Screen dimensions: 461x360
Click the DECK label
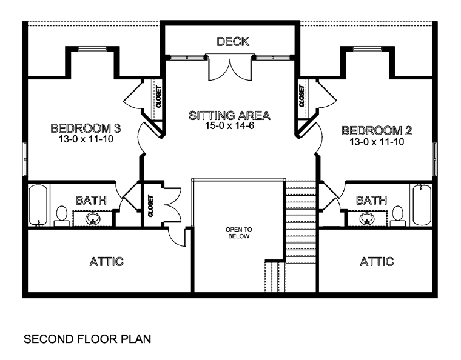[233, 41]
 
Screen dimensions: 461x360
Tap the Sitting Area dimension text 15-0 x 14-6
[229, 125]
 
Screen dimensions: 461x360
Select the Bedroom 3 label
[86, 128]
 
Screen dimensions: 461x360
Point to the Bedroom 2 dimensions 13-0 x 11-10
[377, 142]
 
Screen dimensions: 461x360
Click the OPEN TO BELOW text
[239, 233]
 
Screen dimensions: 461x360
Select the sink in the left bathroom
[93, 218]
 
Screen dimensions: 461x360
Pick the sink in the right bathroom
[367, 218]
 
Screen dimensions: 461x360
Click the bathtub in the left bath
[38, 205]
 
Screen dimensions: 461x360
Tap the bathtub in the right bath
[422, 205]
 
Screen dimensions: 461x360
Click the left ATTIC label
[106, 261]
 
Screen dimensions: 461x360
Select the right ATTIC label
[377, 261]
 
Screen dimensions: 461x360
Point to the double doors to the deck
[230, 67]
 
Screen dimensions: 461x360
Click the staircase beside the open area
[300, 221]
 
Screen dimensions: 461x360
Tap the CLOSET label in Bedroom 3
[158, 96]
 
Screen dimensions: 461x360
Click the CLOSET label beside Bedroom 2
[301, 96]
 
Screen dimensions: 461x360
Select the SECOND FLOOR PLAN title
[87, 339]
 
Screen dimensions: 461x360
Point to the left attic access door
[177, 237]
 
